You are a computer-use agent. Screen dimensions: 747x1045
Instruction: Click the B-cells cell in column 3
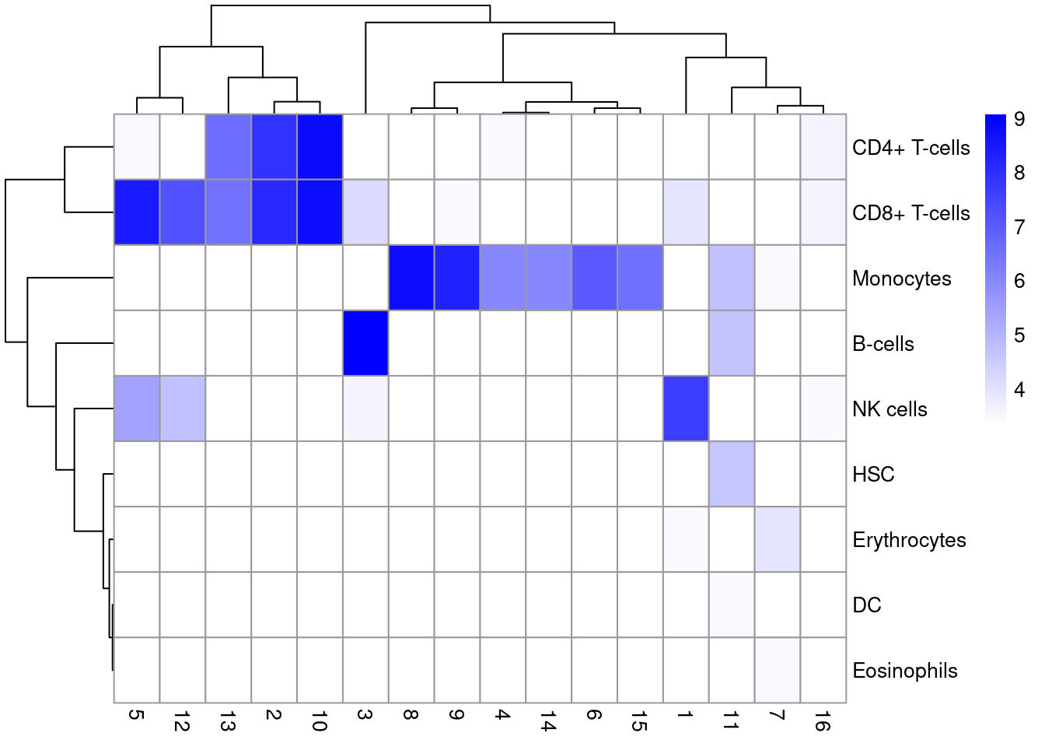(365, 343)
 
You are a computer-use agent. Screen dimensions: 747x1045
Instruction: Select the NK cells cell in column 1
(686, 409)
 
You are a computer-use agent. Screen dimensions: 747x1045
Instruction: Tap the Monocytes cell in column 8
(411, 278)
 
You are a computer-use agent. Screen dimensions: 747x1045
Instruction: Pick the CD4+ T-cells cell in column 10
(320, 147)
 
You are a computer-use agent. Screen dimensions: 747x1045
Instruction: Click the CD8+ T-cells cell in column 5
(137, 212)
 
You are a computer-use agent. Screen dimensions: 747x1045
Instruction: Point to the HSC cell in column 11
(732, 474)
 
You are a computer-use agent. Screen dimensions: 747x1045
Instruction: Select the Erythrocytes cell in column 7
(778, 539)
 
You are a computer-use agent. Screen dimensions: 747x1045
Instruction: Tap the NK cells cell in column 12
(183, 409)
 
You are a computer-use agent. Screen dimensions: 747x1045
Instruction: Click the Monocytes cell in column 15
(640, 278)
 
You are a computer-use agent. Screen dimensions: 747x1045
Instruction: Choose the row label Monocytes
(901, 279)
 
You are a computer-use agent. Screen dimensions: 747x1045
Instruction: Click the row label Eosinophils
(904, 671)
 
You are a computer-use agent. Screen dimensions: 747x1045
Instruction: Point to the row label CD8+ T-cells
(910, 213)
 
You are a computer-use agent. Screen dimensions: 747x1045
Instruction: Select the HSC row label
(873, 475)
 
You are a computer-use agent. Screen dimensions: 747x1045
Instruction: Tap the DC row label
(866, 605)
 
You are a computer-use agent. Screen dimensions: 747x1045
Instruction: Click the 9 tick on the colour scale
(1019, 119)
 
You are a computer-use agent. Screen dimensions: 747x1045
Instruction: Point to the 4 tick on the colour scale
(1019, 389)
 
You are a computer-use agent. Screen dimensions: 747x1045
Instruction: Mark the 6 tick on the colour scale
(1019, 281)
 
